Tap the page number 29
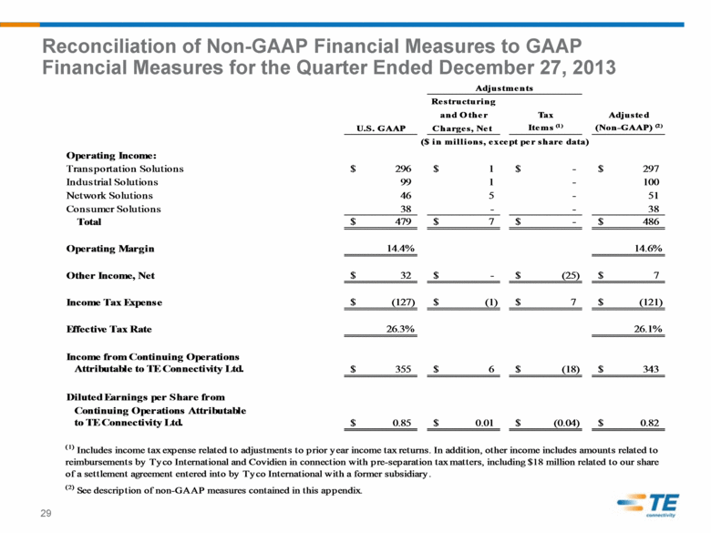tap(46, 513)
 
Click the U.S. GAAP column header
tap(381, 128)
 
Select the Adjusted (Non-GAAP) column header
tap(628, 121)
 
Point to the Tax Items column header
tap(545, 121)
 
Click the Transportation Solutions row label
tap(125, 169)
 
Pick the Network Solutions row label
tap(109, 195)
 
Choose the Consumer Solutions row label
tap(113, 209)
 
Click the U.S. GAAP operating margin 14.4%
tap(400, 249)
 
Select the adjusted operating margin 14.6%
tap(648, 249)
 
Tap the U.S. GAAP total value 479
tap(403, 221)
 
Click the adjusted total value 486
tap(651, 221)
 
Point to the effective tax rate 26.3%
tap(400, 329)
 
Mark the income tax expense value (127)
tap(403, 302)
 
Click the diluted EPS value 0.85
tap(402, 423)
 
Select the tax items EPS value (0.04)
tap(567, 423)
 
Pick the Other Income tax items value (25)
tap(571, 275)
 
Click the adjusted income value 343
tap(651, 369)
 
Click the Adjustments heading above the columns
tap(504, 88)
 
